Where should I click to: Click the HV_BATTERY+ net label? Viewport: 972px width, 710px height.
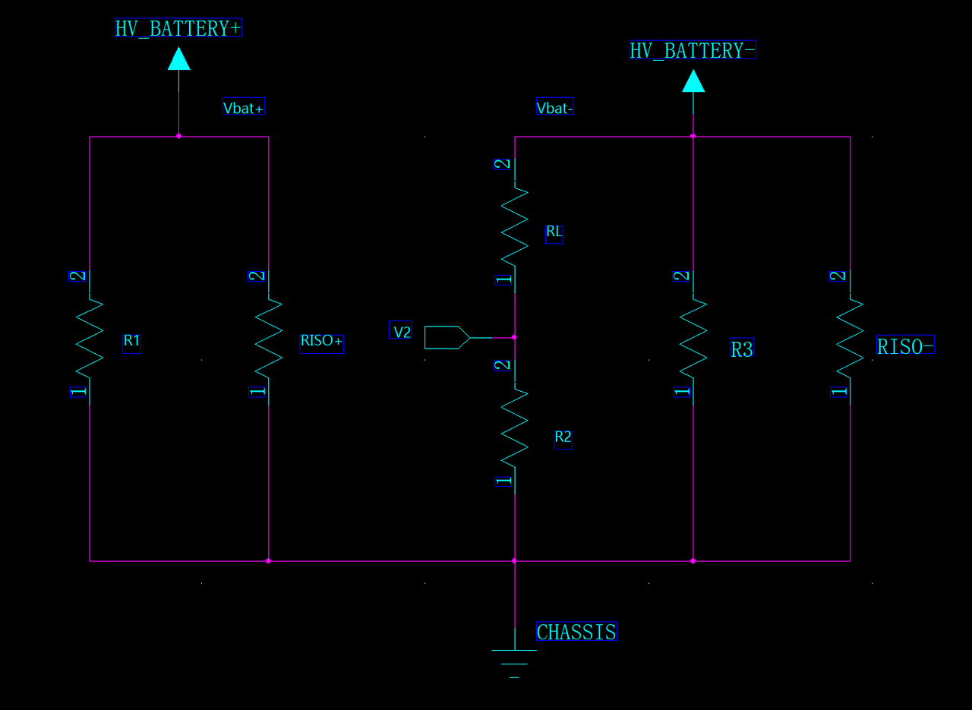(x=178, y=29)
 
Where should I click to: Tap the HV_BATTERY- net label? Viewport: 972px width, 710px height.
(x=693, y=51)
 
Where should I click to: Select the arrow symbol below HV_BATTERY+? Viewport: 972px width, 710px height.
(x=178, y=58)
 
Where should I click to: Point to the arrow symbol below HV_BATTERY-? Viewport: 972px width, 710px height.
(x=693, y=80)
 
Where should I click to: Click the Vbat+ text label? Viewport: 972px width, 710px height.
(x=244, y=108)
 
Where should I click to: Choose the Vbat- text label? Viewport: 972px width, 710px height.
(x=554, y=108)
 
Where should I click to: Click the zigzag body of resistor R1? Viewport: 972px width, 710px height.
(x=90, y=338)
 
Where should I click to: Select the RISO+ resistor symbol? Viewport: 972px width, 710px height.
(x=268, y=338)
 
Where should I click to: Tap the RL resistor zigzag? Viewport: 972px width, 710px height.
(x=515, y=225)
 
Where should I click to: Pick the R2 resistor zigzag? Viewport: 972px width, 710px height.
(x=515, y=428)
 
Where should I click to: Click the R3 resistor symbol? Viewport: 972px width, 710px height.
(x=693, y=338)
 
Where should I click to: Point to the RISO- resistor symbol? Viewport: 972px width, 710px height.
(x=850, y=338)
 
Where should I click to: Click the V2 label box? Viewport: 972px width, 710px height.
(x=401, y=332)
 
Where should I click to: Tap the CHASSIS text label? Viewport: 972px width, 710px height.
(x=576, y=632)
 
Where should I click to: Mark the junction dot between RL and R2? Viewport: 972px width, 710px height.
(x=514, y=336)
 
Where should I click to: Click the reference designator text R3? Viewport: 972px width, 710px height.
(x=741, y=349)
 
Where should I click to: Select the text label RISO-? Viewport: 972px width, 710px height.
(x=905, y=346)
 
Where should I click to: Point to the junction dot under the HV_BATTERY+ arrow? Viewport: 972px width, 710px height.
(x=178, y=137)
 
